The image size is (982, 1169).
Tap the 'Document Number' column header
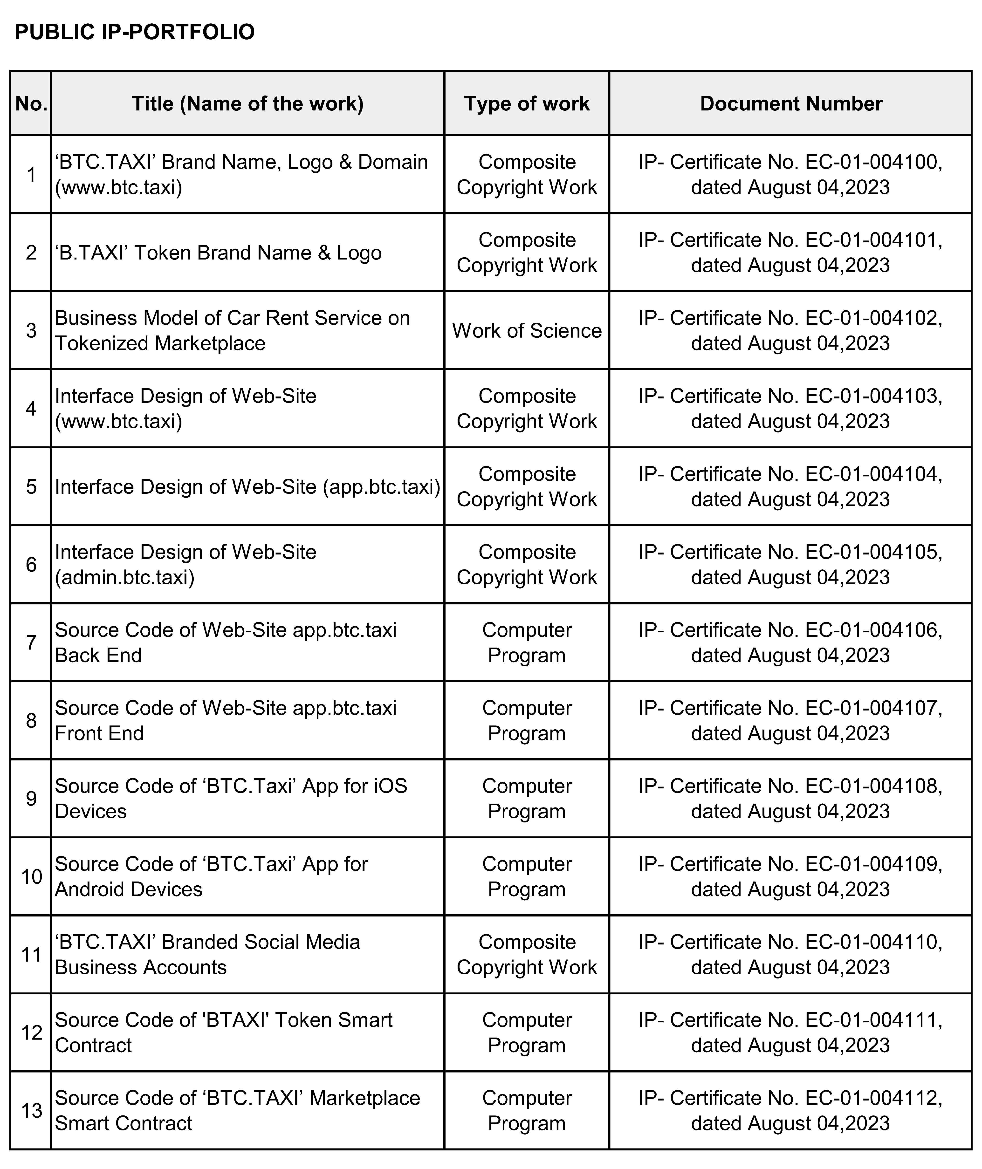tap(790, 103)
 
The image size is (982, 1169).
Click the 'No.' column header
tap(31, 103)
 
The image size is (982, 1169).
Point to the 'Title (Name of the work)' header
tap(247, 103)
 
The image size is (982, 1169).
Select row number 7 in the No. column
tap(31, 643)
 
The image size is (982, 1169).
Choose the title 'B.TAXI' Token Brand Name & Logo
tap(218, 253)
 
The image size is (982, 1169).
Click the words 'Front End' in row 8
tap(99, 734)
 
